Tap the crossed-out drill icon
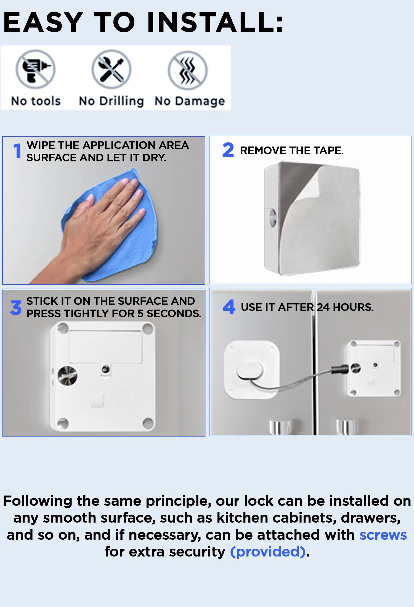click(x=35, y=69)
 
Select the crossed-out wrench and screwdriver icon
click(x=112, y=69)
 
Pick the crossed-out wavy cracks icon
click(x=188, y=70)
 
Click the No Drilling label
click(x=111, y=101)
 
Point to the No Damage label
click(x=190, y=101)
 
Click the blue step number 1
click(x=17, y=151)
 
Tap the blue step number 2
click(x=228, y=150)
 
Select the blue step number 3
click(x=16, y=308)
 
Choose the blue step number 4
click(x=229, y=307)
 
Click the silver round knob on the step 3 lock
click(x=68, y=376)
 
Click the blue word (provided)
click(x=268, y=552)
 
